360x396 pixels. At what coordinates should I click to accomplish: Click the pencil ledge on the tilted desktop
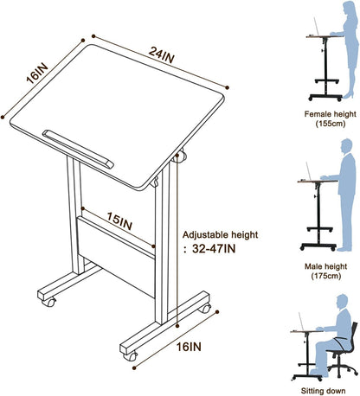(x=76, y=138)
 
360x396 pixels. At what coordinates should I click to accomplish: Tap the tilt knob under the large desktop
(x=179, y=157)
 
